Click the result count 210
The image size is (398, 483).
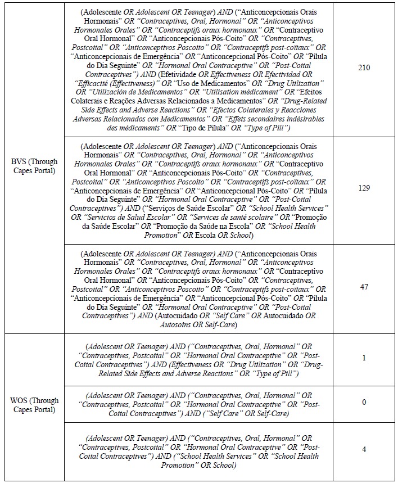click(x=364, y=68)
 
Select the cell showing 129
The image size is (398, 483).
click(x=364, y=187)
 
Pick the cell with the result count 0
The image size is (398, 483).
click(x=364, y=402)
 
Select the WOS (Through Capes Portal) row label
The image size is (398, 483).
click(x=35, y=405)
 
